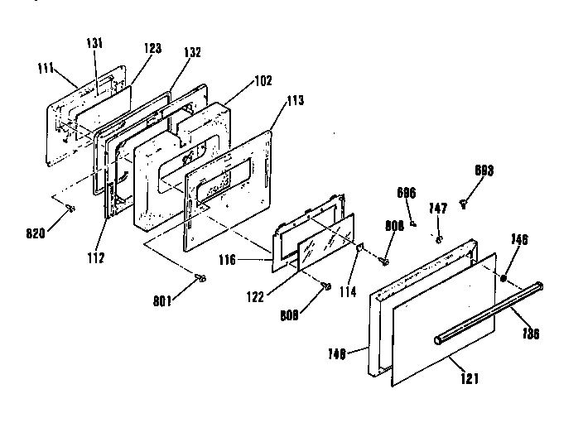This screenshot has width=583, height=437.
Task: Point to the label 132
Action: pos(192,51)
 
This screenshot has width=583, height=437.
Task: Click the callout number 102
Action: pos(263,82)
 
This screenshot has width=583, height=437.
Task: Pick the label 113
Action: pos(296,100)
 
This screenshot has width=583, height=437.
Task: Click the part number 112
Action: pos(95,257)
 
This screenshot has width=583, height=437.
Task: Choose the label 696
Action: pos(406,192)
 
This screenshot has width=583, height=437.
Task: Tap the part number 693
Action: pos(484,170)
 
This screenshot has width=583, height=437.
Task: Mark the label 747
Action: pos(438,209)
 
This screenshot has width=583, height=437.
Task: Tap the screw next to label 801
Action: pos(200,279)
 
